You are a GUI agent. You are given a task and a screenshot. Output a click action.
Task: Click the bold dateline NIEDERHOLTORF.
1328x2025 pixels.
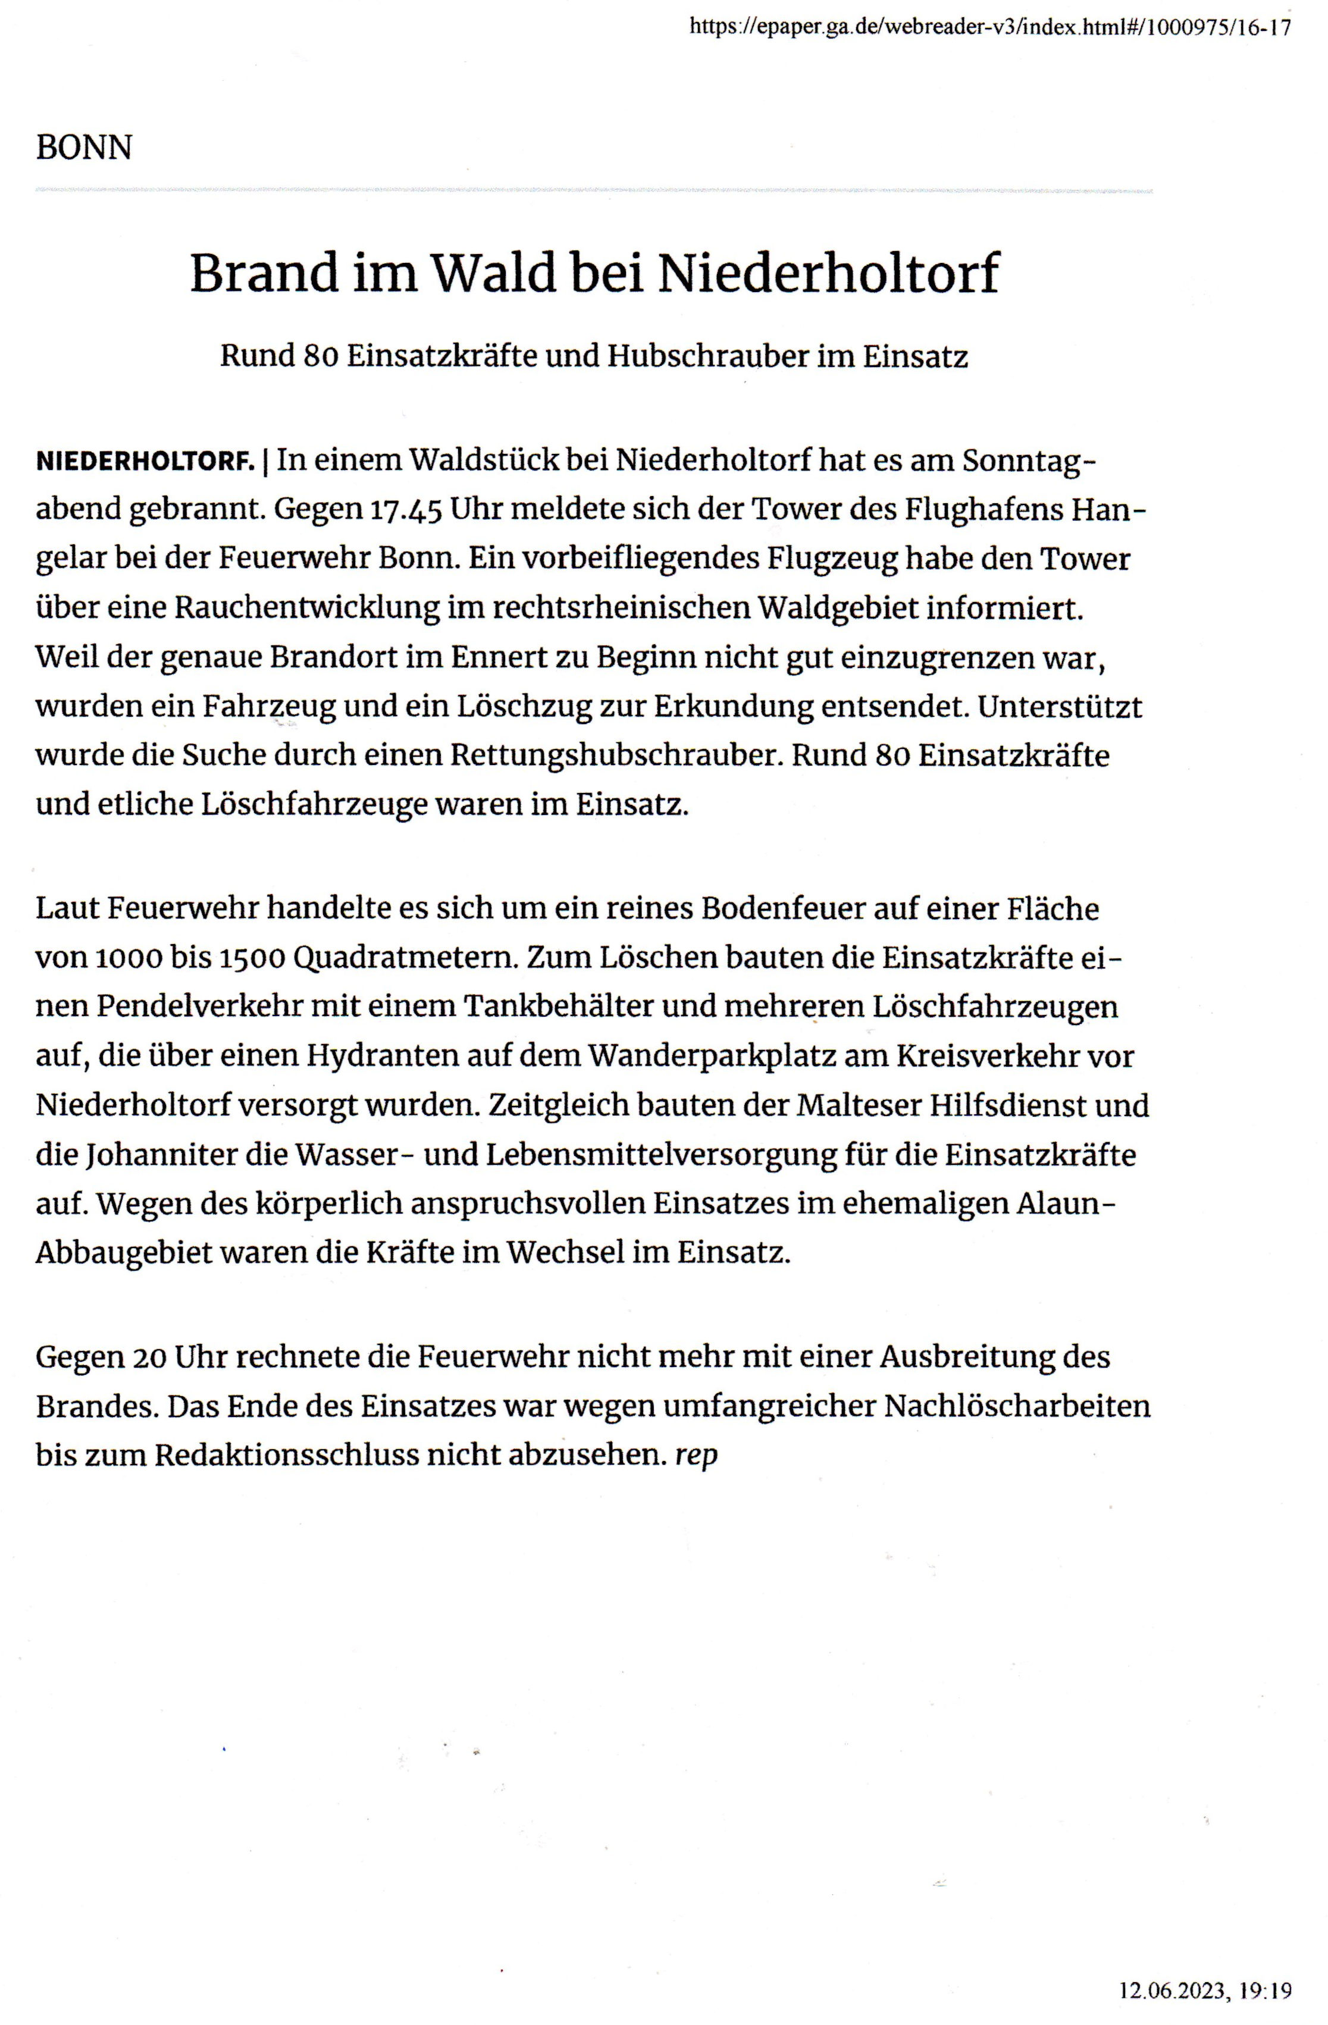click(146, 462)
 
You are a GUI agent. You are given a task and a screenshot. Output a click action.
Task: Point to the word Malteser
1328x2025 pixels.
click(860, 1105)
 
